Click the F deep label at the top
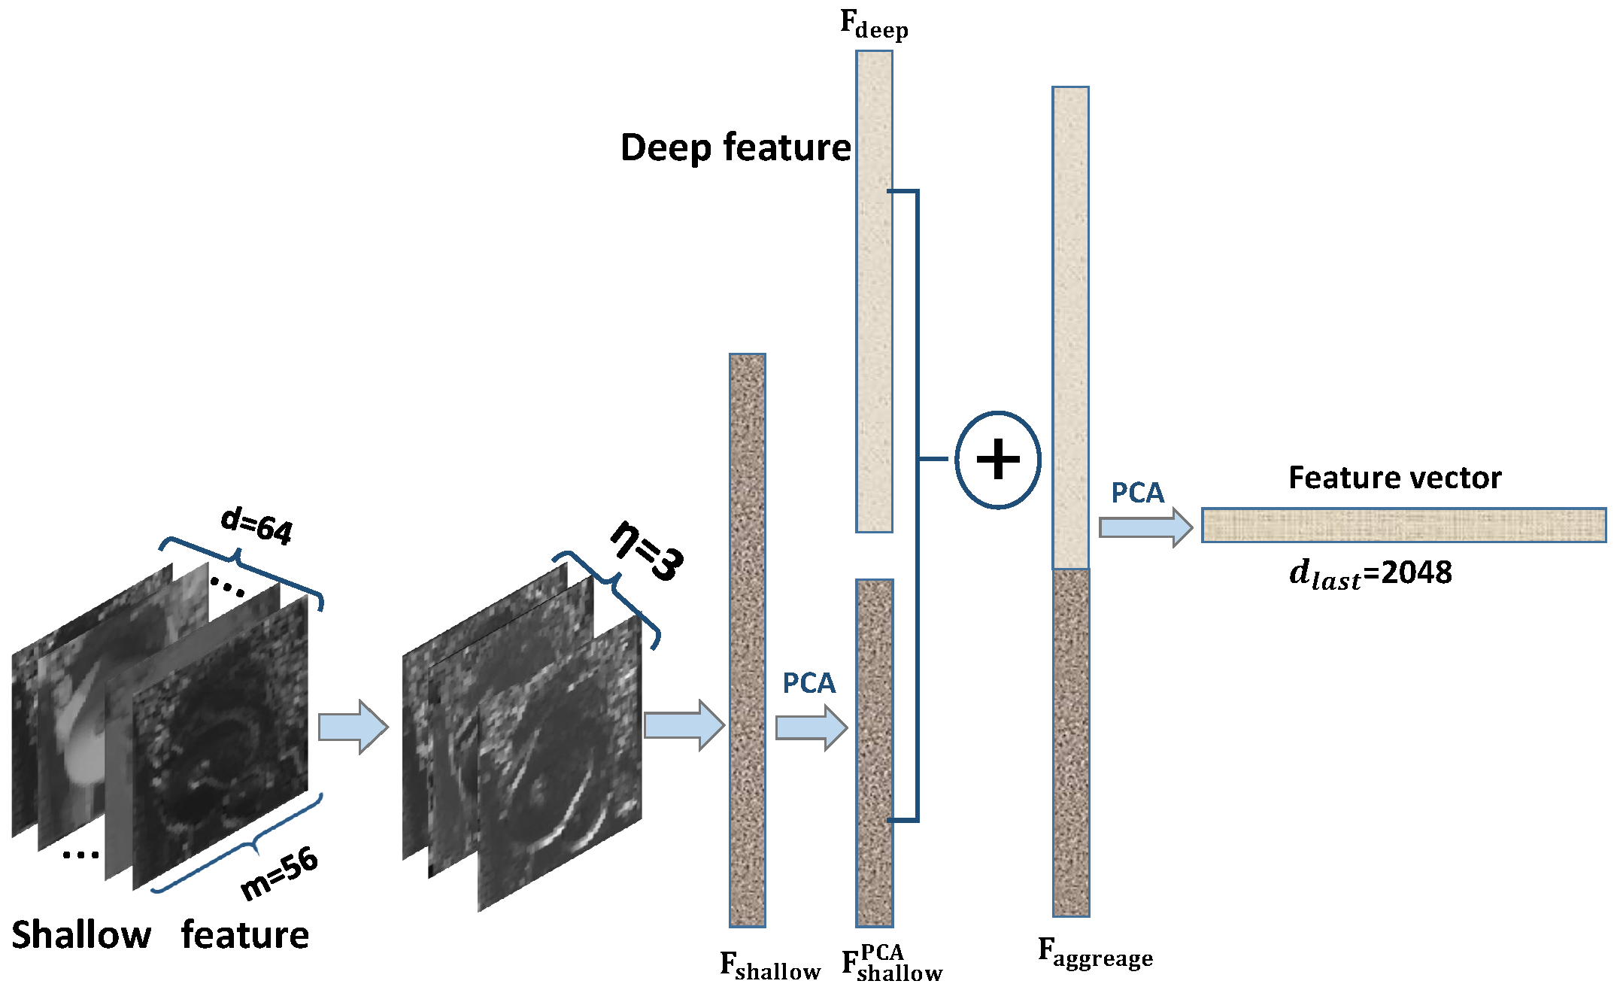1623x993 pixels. tap(874, 25)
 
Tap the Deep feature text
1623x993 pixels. tap(735, 147)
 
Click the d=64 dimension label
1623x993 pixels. tap(256, 524)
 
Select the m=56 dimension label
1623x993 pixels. tap(279, 873)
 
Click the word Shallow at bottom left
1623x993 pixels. tap(81, 935)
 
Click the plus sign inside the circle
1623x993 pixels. tap(998, 460)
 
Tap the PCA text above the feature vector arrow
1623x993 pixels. tap(1137, 493)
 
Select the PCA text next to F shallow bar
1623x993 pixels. tap(808, 683)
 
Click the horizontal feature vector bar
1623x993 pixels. tap(1403, 525)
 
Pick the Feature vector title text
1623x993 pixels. tap(1394, 478)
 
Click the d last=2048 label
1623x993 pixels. tap(1370, 574)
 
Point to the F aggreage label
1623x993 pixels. tap(1094, 954)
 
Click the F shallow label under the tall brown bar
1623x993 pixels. tap(769, 966)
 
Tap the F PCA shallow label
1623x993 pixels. tap(891, 965)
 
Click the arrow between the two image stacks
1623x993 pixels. tap(353, 727)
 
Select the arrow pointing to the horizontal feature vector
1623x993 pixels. tap(1145, 527)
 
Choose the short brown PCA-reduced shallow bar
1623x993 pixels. tap(874, 752)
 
